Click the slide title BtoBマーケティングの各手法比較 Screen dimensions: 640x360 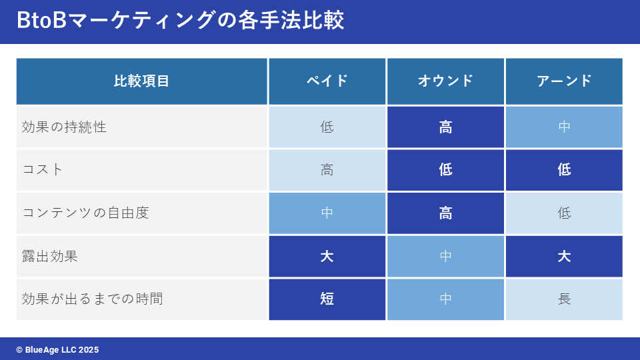[181, 20]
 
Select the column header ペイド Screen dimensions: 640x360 [327, 81]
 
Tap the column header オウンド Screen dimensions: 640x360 [445, 81]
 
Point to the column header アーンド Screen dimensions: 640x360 [564, 81]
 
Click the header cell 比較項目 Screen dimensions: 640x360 [141, 81]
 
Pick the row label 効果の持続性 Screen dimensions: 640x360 [64, 127]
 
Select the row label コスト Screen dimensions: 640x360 [43, 169]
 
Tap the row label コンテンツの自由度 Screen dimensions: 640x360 [85, 213]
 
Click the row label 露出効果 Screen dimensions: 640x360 [50, 256]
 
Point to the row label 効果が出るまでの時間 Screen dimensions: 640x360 [93, 299]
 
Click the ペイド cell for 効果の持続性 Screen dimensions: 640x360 [327, 127]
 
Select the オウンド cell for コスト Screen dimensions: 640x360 [445, 170]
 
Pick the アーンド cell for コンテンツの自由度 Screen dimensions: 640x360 [564, 213]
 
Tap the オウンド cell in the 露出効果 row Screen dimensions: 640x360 [445, 256]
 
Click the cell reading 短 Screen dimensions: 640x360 [327, 299]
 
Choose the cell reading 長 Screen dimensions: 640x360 [564, 299]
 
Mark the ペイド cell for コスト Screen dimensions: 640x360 [327, 170]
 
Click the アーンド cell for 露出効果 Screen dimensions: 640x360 [564, 256]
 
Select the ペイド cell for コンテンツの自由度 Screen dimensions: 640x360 [327, 213]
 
